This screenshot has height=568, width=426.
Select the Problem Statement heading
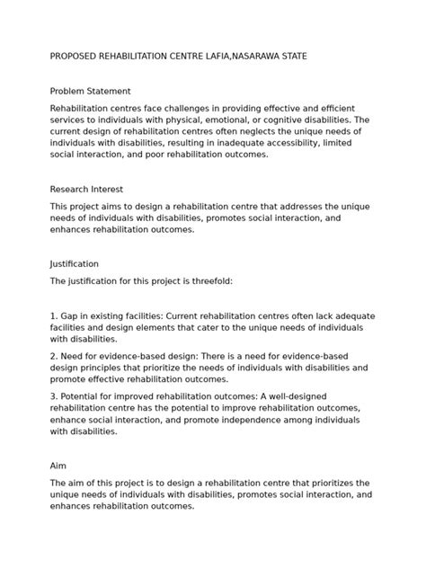pos(90,91)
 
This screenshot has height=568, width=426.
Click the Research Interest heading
pos(86,190)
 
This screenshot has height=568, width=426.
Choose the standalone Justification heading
pos(75,264)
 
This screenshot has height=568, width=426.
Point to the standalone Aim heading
pos(58,466)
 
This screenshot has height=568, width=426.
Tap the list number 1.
pos(53,316)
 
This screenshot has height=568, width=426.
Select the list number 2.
pos(53,357)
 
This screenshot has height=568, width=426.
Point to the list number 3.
pos(53,396)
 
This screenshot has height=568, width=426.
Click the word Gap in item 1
pos(70,316)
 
